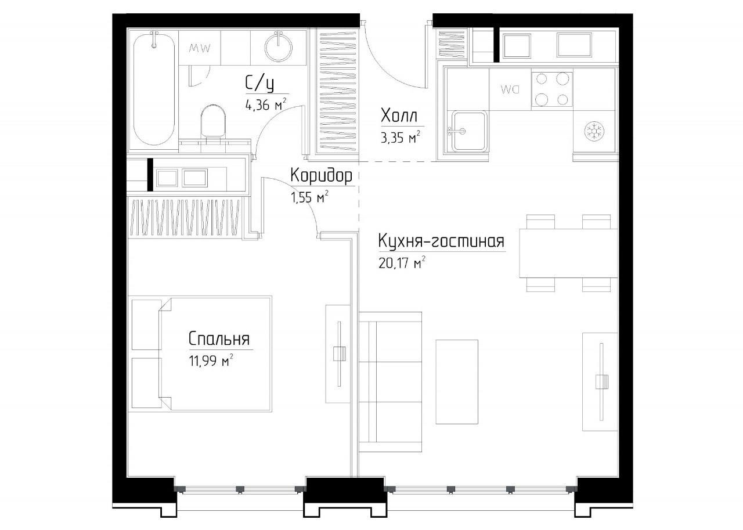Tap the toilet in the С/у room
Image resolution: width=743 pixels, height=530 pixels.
tap(213, 121)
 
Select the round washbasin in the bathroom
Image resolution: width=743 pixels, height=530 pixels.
tap(279, 46)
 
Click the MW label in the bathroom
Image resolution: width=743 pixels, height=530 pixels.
tap(200, 48)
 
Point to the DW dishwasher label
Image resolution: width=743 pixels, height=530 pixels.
tap(510, 89)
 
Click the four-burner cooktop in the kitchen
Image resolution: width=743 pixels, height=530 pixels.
tap(552, 89)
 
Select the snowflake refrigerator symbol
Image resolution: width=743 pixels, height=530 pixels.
tap(594, 131)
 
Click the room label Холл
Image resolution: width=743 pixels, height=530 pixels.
tap(399, 117)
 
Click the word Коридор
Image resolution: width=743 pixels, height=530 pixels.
tap(321, 176)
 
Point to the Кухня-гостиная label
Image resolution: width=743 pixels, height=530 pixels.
tap(441, 241)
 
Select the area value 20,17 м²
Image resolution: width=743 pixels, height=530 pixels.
tap(402, 263)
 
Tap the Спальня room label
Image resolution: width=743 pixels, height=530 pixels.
tap(219, 339)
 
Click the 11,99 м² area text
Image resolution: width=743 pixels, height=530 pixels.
tap(211, 360)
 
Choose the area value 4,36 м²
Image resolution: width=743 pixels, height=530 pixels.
tap(266, 104)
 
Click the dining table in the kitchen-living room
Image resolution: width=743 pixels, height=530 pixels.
tap(568, 253)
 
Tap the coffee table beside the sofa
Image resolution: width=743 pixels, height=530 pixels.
tap(457, 382)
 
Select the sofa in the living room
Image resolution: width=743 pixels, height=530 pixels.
tap(391, 382)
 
